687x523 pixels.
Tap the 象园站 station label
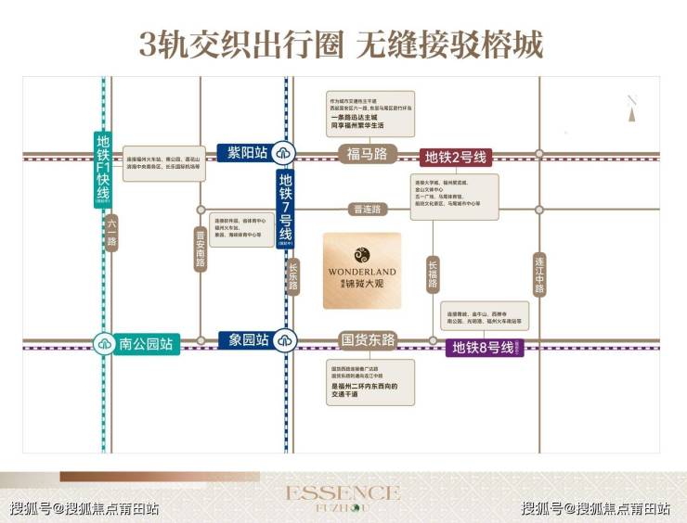(x=246, y=340)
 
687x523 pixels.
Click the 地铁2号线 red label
(x=455, y=156)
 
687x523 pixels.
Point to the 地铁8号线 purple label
(x=483, y=349)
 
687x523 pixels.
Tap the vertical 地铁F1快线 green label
(x=103, y=170)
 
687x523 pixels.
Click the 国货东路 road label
(x=368, y=340)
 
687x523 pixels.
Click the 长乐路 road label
(x=294, y=275)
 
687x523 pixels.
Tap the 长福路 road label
(x=432, y=275)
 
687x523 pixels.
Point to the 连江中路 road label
(x=539, y=275)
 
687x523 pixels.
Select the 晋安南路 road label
(x=200, y=250)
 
